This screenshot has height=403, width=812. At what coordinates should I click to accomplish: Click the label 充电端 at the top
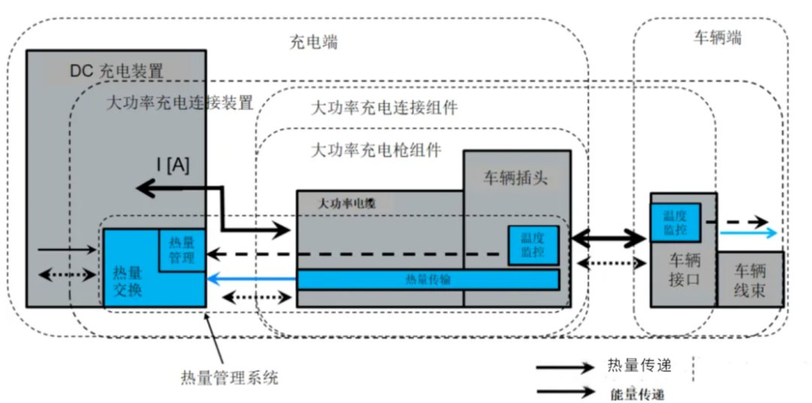pos(314,41)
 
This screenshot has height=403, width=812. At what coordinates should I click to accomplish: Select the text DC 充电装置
pos(117,71)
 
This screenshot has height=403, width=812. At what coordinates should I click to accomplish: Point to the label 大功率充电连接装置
pos(180,102)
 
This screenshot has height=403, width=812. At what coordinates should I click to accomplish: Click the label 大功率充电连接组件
pos(383,108)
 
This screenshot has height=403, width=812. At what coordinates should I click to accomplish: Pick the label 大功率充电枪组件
pos(376,150)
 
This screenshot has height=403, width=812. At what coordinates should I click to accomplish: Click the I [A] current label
pos(173,166)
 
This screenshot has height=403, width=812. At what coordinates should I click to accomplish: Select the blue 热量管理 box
pos(182,250)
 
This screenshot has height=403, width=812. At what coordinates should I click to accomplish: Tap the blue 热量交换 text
pos(127,280)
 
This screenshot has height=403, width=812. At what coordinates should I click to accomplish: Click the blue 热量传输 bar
pos(428,279)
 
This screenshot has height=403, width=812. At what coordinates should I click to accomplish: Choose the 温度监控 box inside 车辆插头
pos(533,245)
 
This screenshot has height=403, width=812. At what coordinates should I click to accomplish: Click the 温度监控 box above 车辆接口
pos(675,222)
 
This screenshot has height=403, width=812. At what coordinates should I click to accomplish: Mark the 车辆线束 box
pos(750,280)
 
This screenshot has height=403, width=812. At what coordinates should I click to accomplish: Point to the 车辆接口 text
pos(683,271)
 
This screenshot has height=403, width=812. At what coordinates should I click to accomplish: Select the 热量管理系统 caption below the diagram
pos(229,377)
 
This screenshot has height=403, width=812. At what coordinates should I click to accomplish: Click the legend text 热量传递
pos(638,366)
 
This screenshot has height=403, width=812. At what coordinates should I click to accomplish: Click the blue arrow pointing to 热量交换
pos(251,279)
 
